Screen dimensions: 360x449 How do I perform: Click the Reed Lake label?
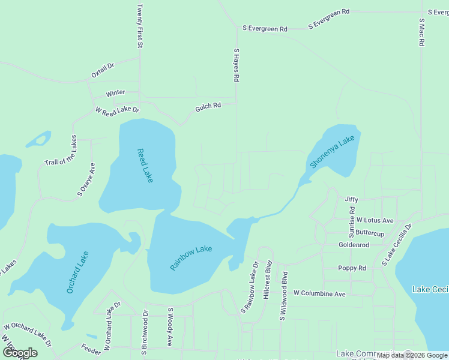tap(145, 166)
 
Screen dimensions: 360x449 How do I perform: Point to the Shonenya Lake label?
tap(333, 152)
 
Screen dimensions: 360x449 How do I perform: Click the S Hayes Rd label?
tap(237, 65)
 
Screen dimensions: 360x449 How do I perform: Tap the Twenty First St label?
tap(139, 26)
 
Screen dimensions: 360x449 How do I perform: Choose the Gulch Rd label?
tap(208, 106)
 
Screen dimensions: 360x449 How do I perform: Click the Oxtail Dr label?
tap(102, 70)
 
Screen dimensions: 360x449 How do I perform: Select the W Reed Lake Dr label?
tap(117, 110)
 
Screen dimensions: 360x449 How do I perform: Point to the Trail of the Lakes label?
tap(61, 151)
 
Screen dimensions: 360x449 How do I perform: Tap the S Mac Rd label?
tap(422, 34)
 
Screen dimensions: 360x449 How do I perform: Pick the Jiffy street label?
tap(351, 199)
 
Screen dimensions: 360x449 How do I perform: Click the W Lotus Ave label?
tap(375, 220)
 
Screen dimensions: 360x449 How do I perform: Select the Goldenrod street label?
tap(354, 245)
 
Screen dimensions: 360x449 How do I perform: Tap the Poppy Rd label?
tap(352, 268)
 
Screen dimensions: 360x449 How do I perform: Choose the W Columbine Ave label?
tap(319, 293)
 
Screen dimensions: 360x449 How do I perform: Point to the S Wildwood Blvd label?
tap(284, 296)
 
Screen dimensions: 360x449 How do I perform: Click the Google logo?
tap(20, 352)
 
